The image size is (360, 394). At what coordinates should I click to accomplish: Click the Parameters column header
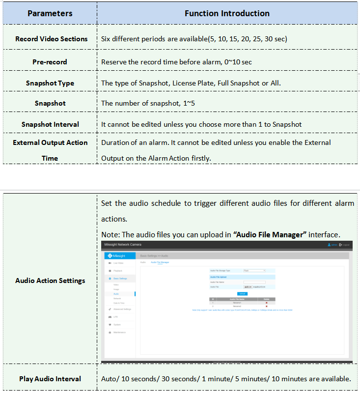pyautogui.click(x=50, y=13)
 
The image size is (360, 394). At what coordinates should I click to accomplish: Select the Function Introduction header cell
pyautogui.click(x=227, y=13)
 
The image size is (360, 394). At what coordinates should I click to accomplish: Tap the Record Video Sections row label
pyautogui.click(x=51, y=39)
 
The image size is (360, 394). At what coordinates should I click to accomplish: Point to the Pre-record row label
pyautogui.click(x=50, y=62)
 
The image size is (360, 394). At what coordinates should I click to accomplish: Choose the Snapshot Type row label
pyautogui.click(x=50, y=83)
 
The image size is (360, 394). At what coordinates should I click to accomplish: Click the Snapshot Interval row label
pyautogui.click(x=50, y=124)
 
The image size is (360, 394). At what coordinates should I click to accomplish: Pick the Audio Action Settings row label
pyautogui.click(x=50, y=281)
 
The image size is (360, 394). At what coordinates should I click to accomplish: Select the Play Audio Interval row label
pyautogui.click(x=50, y=379)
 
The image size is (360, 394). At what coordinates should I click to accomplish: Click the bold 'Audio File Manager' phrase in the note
pyautogui.click(x=270, y=234)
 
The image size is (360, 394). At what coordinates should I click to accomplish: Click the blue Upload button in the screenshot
pyautogui.click(x=242, y=293)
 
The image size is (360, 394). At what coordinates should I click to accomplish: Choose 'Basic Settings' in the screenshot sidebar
pyautogui.click(x=120, y=279)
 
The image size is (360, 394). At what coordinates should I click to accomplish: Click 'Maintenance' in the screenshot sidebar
pyautogui.click(x=120, y=333)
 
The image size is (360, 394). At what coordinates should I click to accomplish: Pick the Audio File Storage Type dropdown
pyautogui.click(x=254, y=270)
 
